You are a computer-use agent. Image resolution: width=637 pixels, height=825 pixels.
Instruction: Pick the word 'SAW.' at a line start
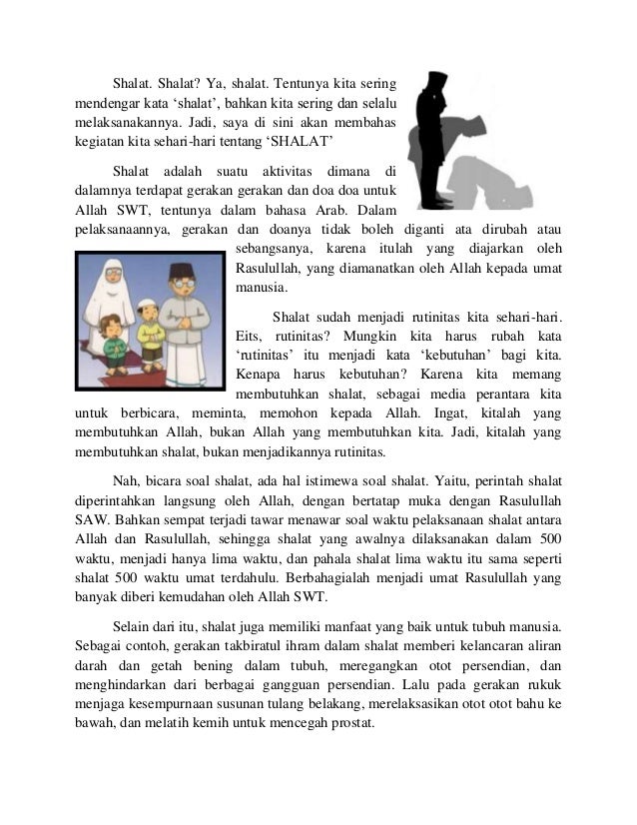click(92, 519)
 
